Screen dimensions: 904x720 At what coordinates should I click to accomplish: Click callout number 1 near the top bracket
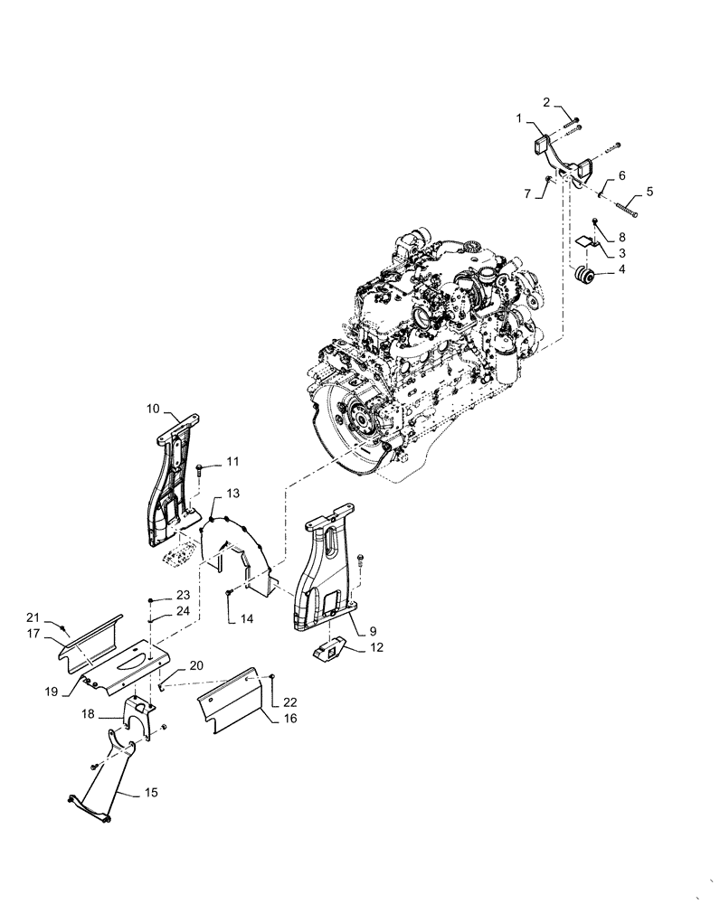(520, 118)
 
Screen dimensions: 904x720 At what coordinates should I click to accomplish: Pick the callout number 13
(232, 493)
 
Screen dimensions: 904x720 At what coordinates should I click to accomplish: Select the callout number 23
(183, 596)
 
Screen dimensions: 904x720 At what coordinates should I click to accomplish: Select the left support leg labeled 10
(172, 479)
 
